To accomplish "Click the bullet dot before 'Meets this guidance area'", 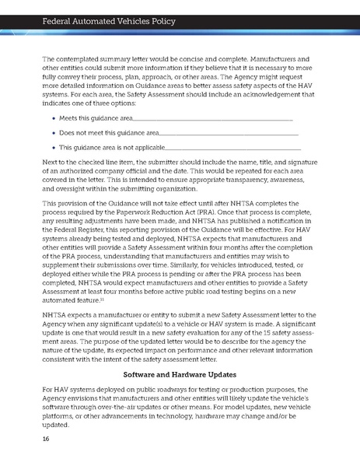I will tap(53, 118).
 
